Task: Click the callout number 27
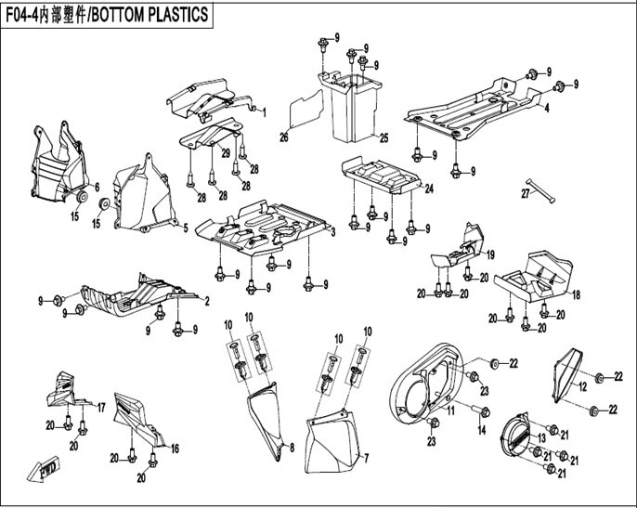(525, 193)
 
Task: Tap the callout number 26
(285, 137)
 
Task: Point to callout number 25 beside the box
(383, 137)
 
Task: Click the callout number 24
(429, 189)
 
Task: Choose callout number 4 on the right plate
(547, 108)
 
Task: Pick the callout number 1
(264, 112)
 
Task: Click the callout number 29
(226, 151)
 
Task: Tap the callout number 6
(97, 163)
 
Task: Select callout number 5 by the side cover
(184, 228)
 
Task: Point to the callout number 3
(332, 231)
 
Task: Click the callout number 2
(206, 300)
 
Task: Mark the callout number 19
(489, 254)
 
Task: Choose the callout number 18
(577, 294)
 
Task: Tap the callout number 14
(482, 431)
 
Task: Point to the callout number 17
(100, 407)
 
